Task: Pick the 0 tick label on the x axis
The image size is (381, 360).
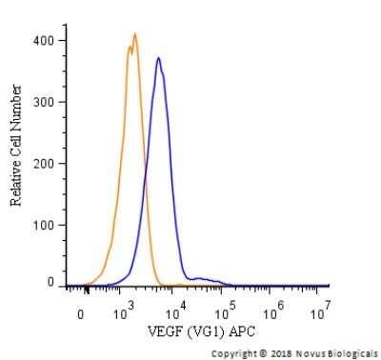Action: [82, 311]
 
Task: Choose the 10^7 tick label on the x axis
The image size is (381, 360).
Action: [323, 310]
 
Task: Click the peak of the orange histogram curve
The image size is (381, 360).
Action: [135, 35]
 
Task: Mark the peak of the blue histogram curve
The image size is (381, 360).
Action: [158, 58]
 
